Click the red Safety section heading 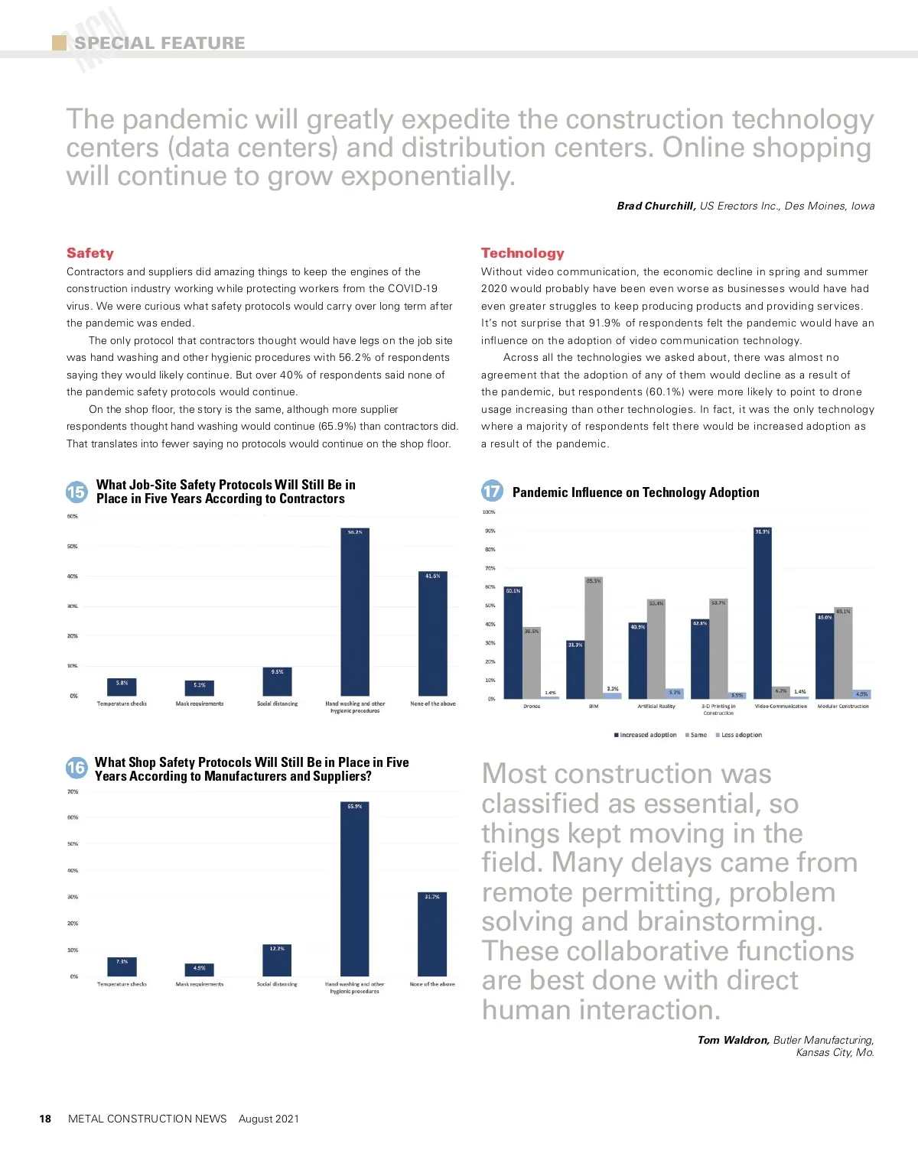tap(90, 253)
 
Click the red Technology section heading tap(522, 253)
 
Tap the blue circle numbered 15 tap(76, 492)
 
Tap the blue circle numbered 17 tap(492, 492)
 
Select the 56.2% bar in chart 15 tap(355, 612)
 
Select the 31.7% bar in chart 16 tap(432, 934)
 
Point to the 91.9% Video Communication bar tap(763, 612)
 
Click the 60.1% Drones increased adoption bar tap(513, 642)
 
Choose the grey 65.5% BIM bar tap(594, 638)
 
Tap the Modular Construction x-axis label tap(843, 707)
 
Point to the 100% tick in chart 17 tap(489, 512)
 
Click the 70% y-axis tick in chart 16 tap(73, 792)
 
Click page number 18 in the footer tap(45, 1119)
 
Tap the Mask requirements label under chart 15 tap(200, 703)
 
